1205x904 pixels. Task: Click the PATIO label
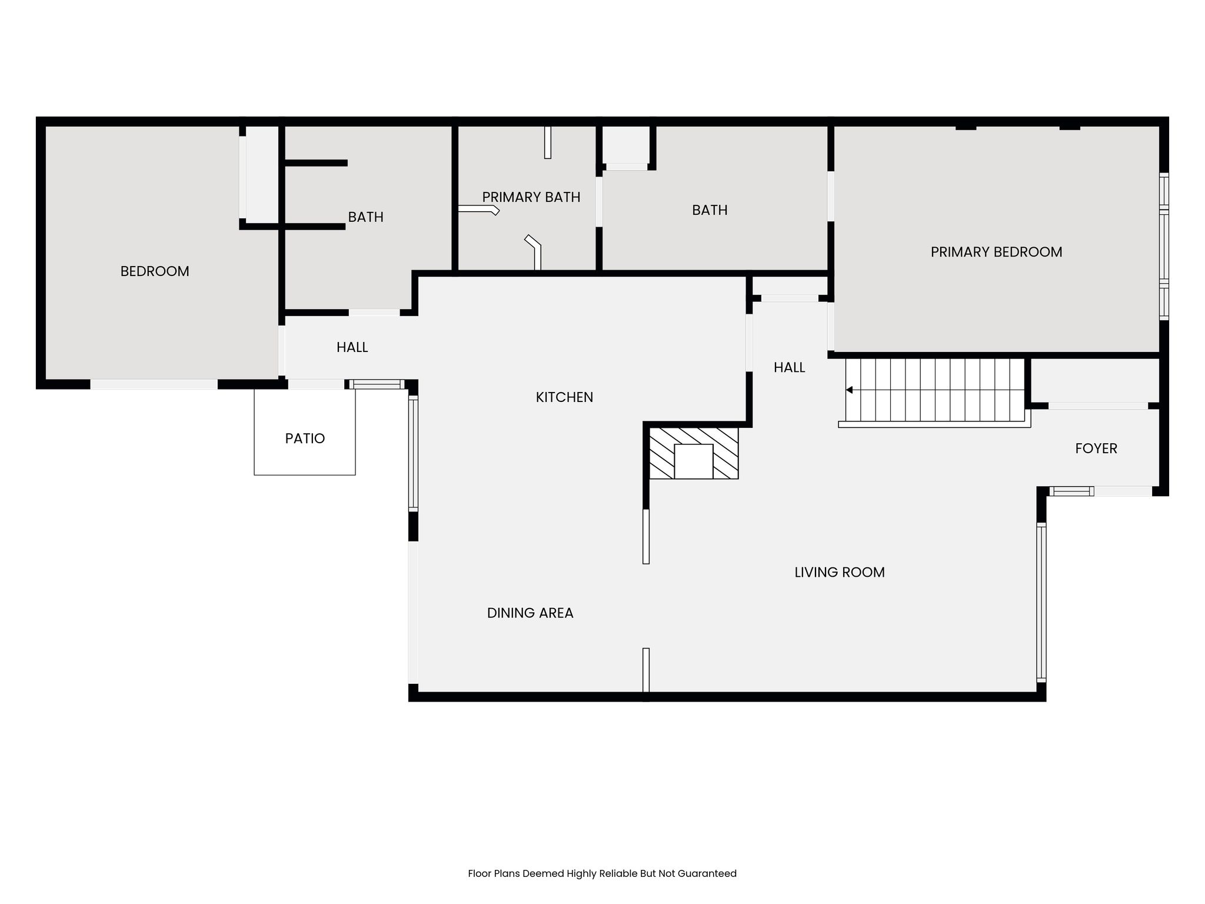(305, 438)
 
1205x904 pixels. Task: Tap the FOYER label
(1096, 448)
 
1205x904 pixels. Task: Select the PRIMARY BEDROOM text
(997, 252)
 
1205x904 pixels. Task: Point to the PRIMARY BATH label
(531, 197)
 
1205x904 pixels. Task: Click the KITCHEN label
(564, 397)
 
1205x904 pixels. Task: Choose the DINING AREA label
(530, 613)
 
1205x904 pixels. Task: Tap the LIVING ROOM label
(840, 573)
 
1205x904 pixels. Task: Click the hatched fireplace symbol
(694, 453)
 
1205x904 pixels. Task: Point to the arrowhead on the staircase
(849, 390)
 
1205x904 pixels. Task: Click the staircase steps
(935, 390)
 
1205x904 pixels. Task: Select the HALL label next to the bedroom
(352, 348)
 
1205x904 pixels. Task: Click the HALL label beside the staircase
(790, 368)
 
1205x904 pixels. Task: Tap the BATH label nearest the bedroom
(366, 217)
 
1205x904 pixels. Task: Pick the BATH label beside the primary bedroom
(710, 210)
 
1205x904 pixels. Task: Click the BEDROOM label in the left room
(155, 271)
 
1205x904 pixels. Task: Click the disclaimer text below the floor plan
(602, 873)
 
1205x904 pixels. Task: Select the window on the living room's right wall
(1041, 602)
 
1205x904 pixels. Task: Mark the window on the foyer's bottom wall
(1071, 491)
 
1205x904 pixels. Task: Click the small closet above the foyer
(1095, 381)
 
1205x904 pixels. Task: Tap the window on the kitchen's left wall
(413, 453)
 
